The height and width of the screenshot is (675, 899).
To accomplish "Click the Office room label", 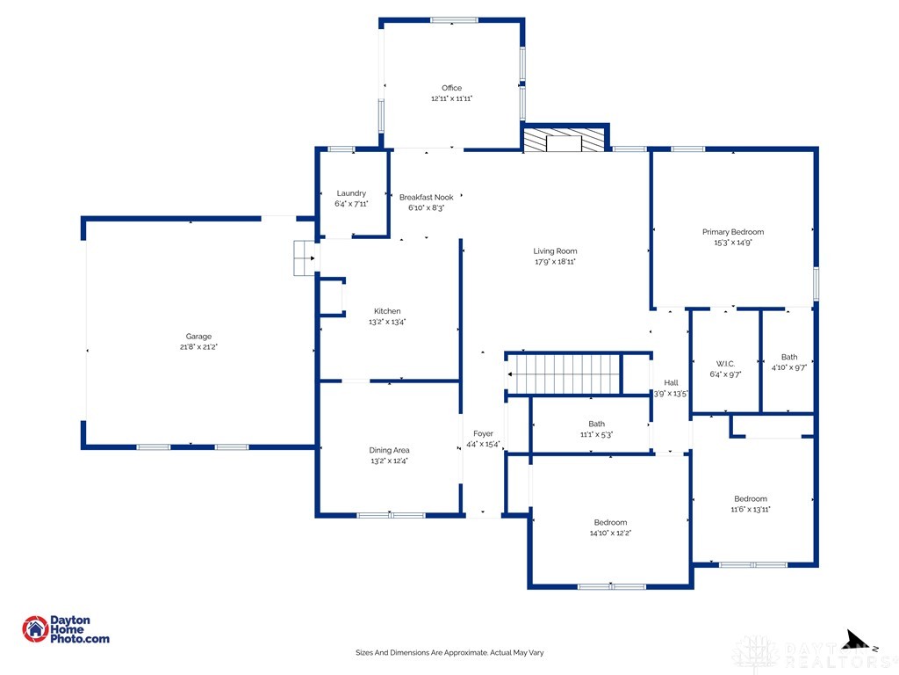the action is point(452,88).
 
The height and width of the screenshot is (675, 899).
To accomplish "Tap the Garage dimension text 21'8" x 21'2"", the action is point(198,346).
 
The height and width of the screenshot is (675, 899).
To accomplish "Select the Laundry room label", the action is point(351,193).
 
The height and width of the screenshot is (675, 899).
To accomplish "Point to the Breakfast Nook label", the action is point(427,197).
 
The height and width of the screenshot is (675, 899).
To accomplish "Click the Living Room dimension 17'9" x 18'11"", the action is point(555,261).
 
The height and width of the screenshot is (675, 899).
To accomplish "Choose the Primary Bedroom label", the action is point(733,232).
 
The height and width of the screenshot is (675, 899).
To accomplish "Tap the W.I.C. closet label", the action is point(725,364).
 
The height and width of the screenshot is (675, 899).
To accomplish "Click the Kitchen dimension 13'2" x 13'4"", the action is point(387,322).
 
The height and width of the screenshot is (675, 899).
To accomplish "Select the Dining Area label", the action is point(389,450).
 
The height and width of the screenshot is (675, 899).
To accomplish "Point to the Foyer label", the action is point(484,433).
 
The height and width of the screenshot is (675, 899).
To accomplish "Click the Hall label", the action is point(672,382).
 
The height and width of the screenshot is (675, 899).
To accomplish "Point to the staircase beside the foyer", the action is point(564,374).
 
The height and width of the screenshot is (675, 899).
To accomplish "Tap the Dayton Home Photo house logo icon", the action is point(35,629).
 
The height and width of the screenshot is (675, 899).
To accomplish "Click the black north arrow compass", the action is point(858,640).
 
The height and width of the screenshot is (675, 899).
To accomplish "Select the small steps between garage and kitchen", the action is point(304,258).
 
